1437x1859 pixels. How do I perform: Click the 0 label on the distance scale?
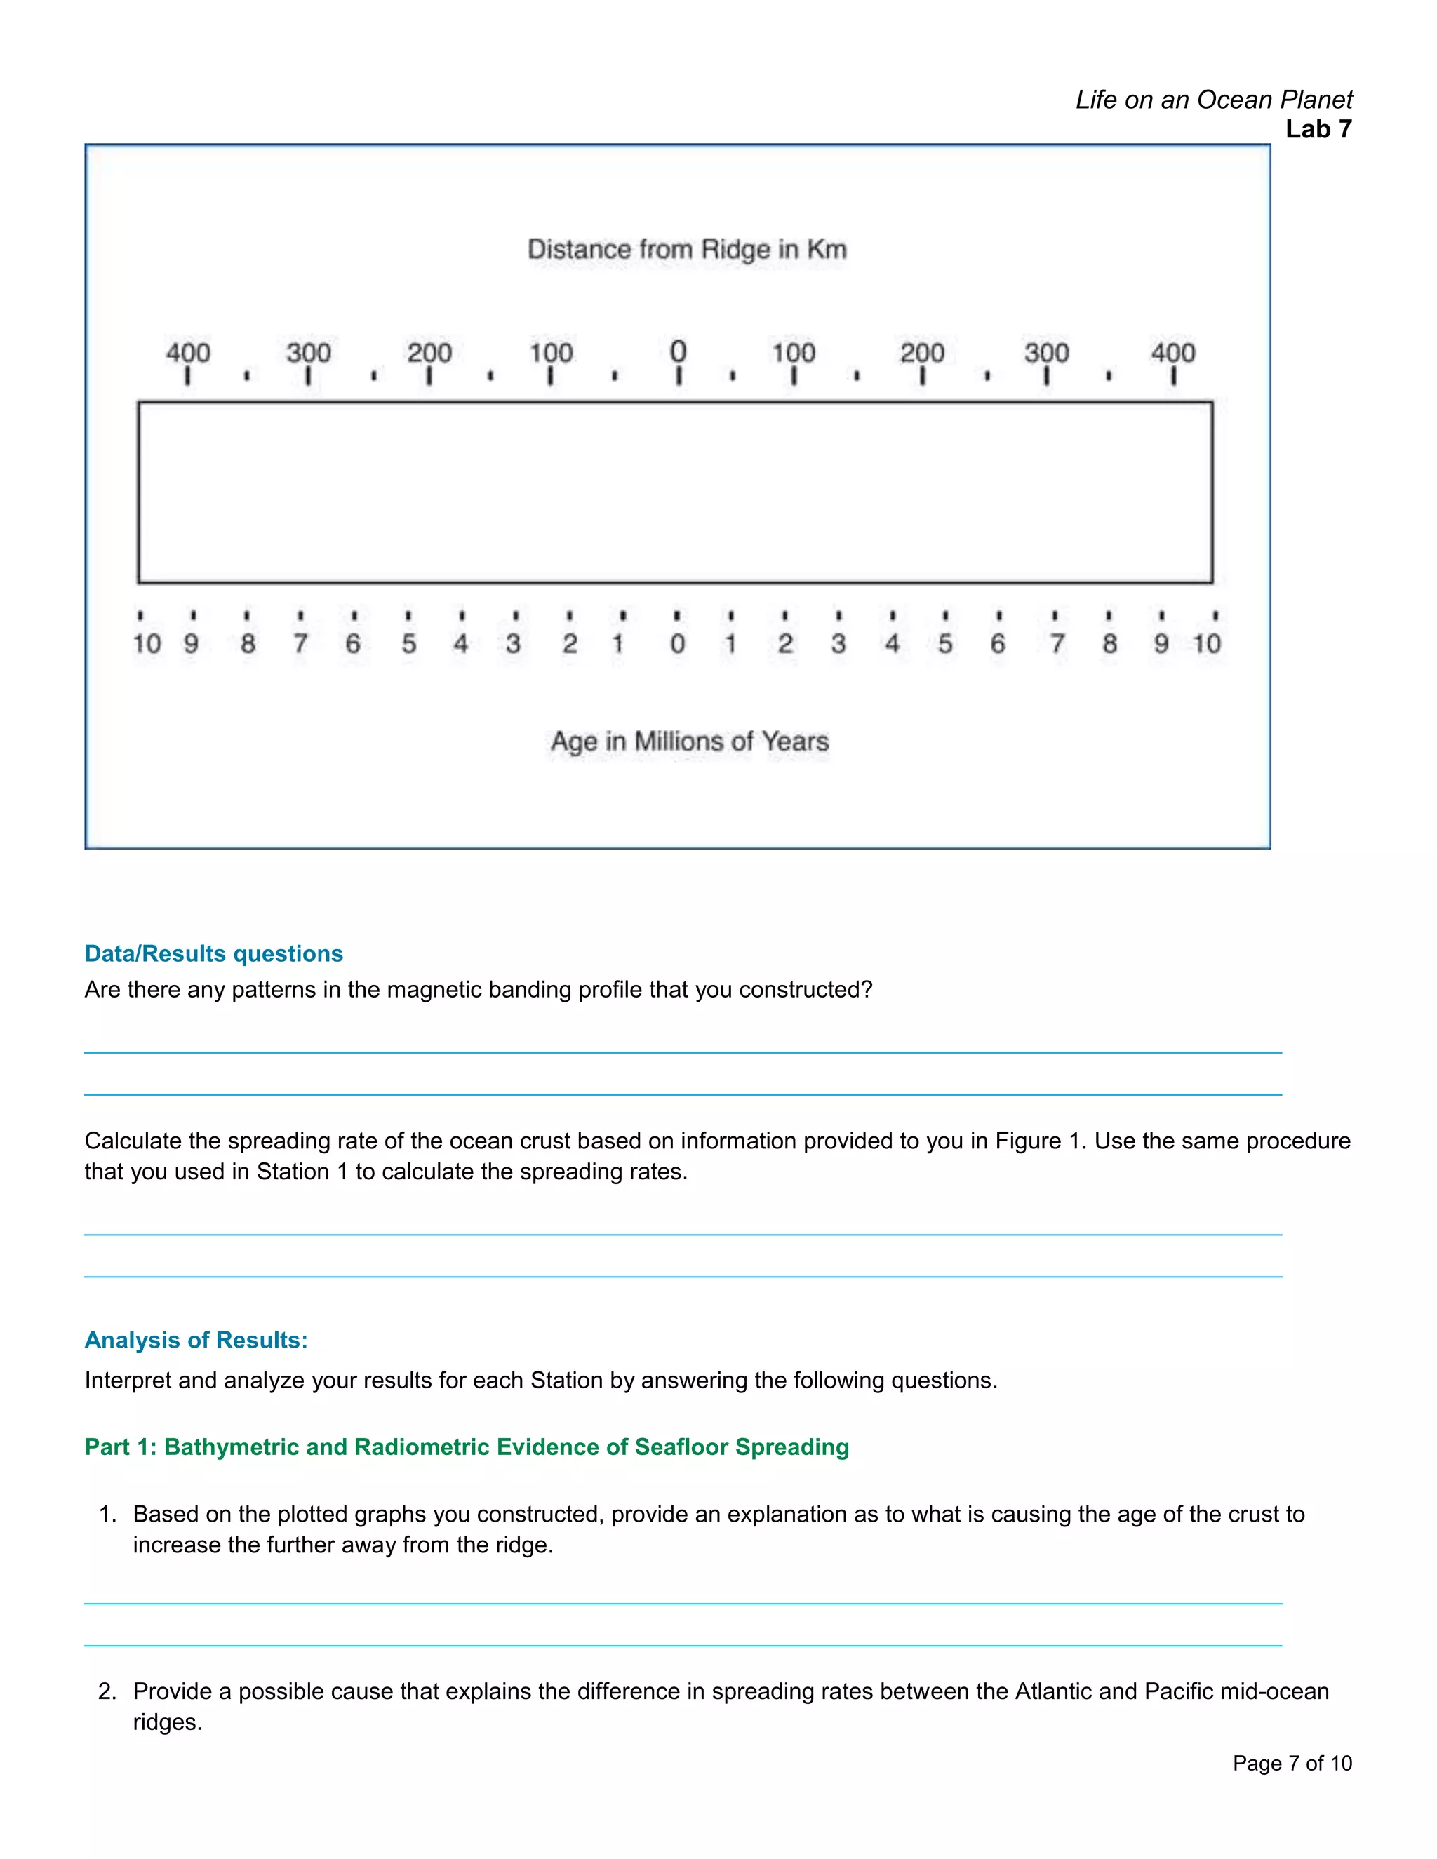pyautogui.click(x=678, y=351)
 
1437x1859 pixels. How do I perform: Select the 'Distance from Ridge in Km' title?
pyautogui.click(x=687, y=250)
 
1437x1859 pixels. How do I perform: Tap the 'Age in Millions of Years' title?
pyautogui.click(x=690, y=741)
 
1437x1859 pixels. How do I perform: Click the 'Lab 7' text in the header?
pyautogui.click(x=1318, y=129)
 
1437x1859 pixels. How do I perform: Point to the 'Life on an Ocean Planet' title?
pyautogui.click(x=1213, y=100)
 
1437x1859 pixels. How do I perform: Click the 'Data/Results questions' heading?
pyautogui.click(x=214, y=953)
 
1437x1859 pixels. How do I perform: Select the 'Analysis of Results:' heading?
pyautogui.click(x=196, y=1340)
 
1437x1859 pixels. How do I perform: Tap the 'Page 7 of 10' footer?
pyautogui.click(x=1292, y=1763)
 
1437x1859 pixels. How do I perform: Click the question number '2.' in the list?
pyautogui.click(x=107, y=1691)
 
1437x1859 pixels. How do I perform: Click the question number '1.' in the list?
pyautogui.click(x=107, y=1515)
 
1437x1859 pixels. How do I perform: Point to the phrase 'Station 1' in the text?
pyautogui.click(x=302, y=1172)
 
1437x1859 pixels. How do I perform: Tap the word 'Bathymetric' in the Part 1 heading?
pyautogui.click(x=232, y=1447)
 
